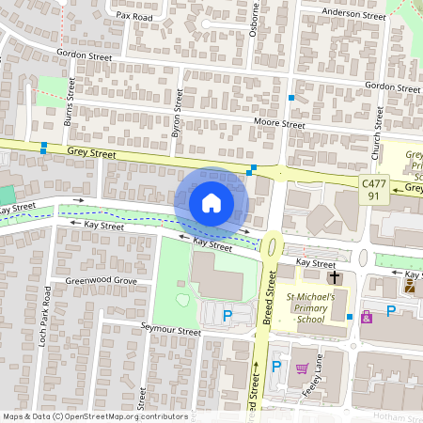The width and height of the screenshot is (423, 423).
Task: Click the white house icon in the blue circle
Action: (211, 202)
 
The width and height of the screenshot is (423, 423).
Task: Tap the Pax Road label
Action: (134, 16)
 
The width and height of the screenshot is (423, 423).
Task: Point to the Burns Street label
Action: (69, 112)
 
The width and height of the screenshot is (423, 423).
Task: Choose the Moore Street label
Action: (279, 124)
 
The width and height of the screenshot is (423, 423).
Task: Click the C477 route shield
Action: (374, 185)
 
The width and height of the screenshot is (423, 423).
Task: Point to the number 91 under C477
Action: (374, 196)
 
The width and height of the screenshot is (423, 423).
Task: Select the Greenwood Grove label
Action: (101, 281)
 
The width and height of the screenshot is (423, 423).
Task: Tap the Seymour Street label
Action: (170, 332)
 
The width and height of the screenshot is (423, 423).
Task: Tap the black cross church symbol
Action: (334, 277)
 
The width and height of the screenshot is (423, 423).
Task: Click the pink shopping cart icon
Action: (303, 368)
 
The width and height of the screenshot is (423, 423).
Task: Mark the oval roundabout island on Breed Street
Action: (272, 245)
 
